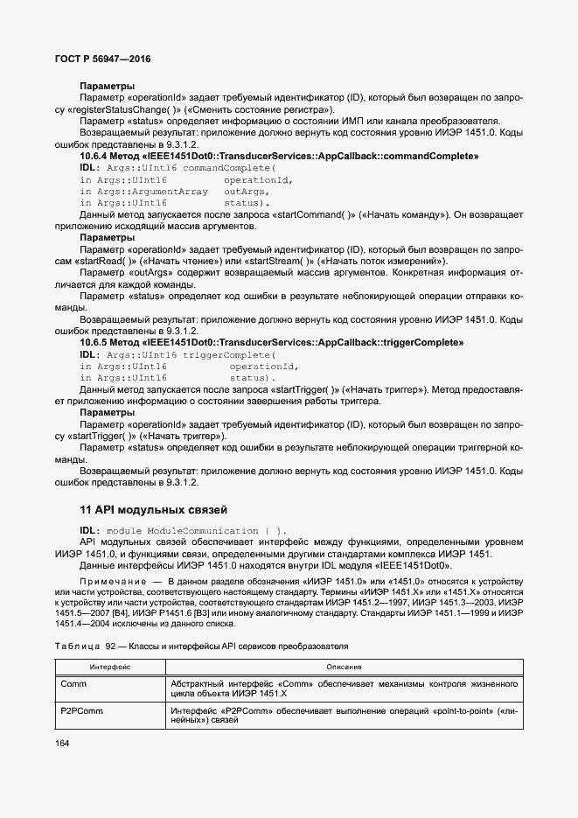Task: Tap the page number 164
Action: click(63, 744)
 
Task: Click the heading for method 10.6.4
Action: click(279, 156)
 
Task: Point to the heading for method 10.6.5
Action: click(271, 343)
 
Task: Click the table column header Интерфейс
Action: click(110, 667)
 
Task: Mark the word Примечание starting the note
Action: click(109, 580)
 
